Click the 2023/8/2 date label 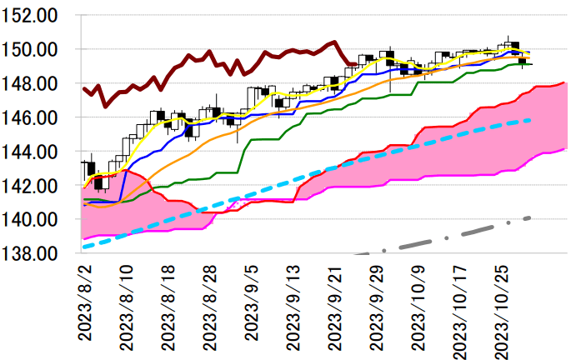(85, 300)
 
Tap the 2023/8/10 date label (126, 304)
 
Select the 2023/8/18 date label (168, 304)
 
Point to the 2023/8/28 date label (209, 304)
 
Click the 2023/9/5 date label (251, 300)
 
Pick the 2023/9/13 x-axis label (293, 304)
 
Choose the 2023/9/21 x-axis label (334, 304)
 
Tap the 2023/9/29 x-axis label (376, 304)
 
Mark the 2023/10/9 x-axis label (418, 304)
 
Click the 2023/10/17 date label (459, 308)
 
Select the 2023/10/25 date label (501, 308)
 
